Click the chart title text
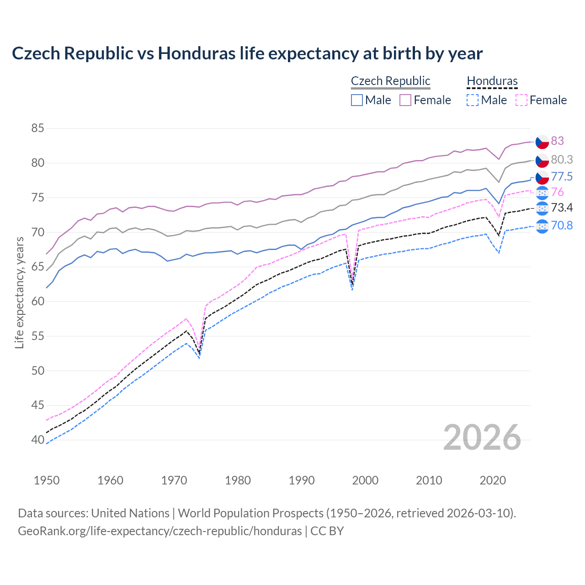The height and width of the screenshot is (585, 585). (x=247, y=53)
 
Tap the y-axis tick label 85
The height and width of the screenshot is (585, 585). (x=37, y=128)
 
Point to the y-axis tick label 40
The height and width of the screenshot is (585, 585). (x=37, y=440)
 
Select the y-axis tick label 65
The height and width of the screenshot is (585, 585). (x=37, y=267)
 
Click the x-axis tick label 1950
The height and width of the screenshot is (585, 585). (x=47, y=480)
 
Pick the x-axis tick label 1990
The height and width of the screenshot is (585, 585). (x=302, y=480)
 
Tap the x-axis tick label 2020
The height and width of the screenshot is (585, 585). (x=493, y=480)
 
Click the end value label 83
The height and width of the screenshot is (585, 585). (x=557, y=141)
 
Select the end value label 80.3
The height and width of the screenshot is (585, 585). (x=562, y=160)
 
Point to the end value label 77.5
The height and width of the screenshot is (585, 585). (x=562, y=177)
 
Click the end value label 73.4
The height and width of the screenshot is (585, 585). (x=562, y=208)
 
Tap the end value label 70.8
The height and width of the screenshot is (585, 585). (x=562, y=225)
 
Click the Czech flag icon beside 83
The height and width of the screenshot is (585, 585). (x=542, y=142)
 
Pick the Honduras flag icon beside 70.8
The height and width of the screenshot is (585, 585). (x=542, y=226)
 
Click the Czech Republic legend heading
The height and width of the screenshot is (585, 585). (x=390, y=81)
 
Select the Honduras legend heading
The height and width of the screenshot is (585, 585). (x=492, y=81)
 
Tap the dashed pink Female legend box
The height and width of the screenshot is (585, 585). (x=521, y=100)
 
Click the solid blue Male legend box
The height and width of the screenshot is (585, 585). (x=357, y=100)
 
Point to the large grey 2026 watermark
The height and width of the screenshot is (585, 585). (x=482, y=437)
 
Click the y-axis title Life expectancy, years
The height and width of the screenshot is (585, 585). (x=20, y=292)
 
